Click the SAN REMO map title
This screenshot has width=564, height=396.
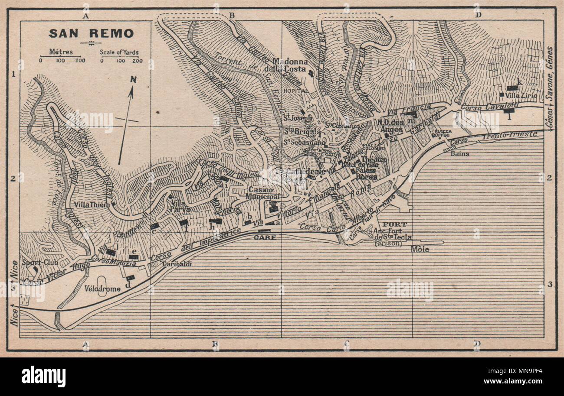(x=91, y=33)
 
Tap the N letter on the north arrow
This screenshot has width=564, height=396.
(x=134, y=80)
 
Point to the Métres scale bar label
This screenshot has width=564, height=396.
(x=61, y=52)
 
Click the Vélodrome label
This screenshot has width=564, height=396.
(x=102, y=289)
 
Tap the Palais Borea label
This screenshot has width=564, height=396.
(x=365, y=173)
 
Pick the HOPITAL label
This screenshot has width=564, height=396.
(x=295, y=91)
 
